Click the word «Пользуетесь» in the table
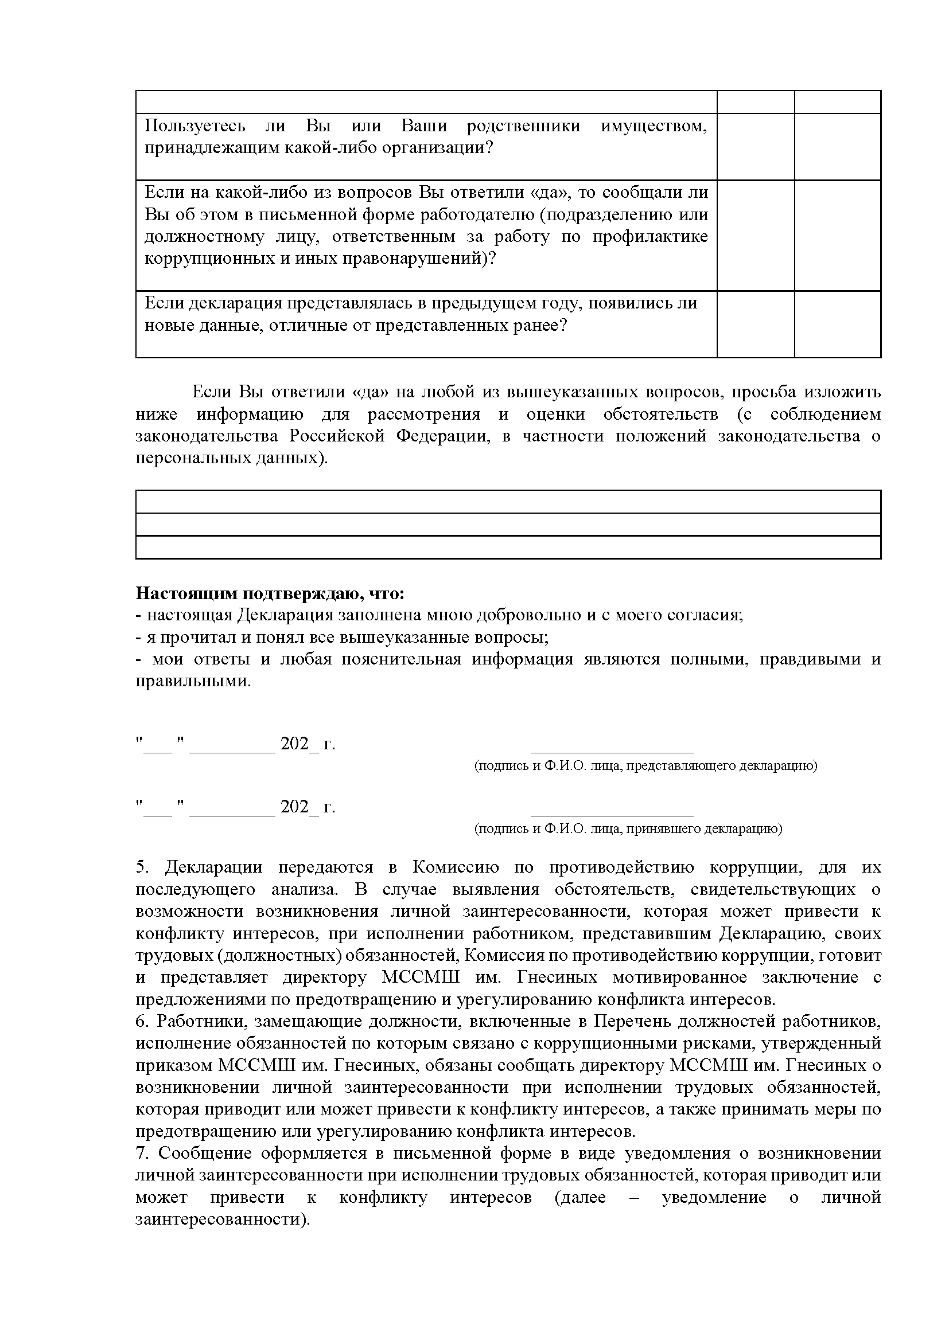click(195, 126)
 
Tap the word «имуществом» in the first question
click(654, 126)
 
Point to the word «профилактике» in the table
click(651, 237)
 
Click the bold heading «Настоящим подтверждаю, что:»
click(270, 593)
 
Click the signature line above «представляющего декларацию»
click(611, 753)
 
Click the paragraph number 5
click(142, 867)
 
